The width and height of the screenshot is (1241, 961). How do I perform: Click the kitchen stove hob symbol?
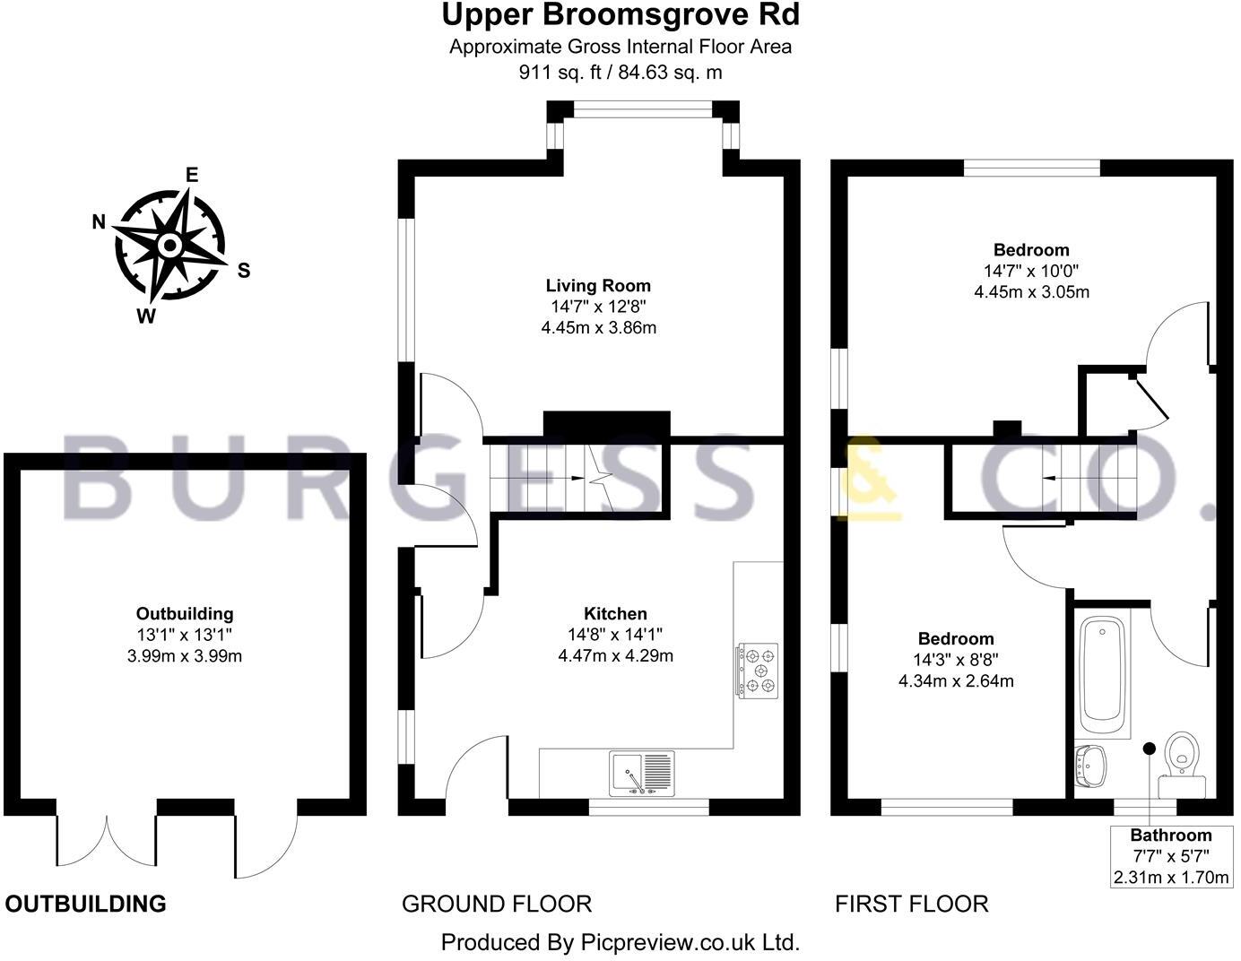pyautogui.click(x=758, y=670)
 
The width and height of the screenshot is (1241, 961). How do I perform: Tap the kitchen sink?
pyautogui.click(x=643, y=773)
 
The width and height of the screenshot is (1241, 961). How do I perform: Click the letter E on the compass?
pyautogui.click(x=191, y=175)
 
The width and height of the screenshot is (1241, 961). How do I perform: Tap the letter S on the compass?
pyautogui.click(x=243, y=271)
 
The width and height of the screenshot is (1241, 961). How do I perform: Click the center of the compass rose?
pyautogui.click(x=169, y=245)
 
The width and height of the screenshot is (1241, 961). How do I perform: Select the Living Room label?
pyautogui.click(x=598, y=286)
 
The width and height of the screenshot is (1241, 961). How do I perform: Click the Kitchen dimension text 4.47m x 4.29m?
pyautogui.click(x=615, y=655)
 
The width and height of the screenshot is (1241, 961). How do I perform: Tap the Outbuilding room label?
pyautogui.click(x=185, y=614)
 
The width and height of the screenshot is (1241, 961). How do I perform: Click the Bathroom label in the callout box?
pyautogui.click(x=1170, y=835)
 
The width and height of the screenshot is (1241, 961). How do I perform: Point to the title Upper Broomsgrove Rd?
pyautogui.click(x=620, y=15)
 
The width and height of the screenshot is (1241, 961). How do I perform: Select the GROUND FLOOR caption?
pyautogui.click(x=496, y=904)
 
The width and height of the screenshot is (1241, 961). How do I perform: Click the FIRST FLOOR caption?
pyautogui.click(x=911, y=904)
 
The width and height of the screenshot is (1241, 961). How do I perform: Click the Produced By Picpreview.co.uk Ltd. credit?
pyautogui.click(x=620, y=942)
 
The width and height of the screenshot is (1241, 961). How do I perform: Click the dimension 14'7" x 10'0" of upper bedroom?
pyautogui.click(x=1031, y=271)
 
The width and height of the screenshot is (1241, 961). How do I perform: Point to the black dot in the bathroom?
pyautogui.click(x=1148, y=748)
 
